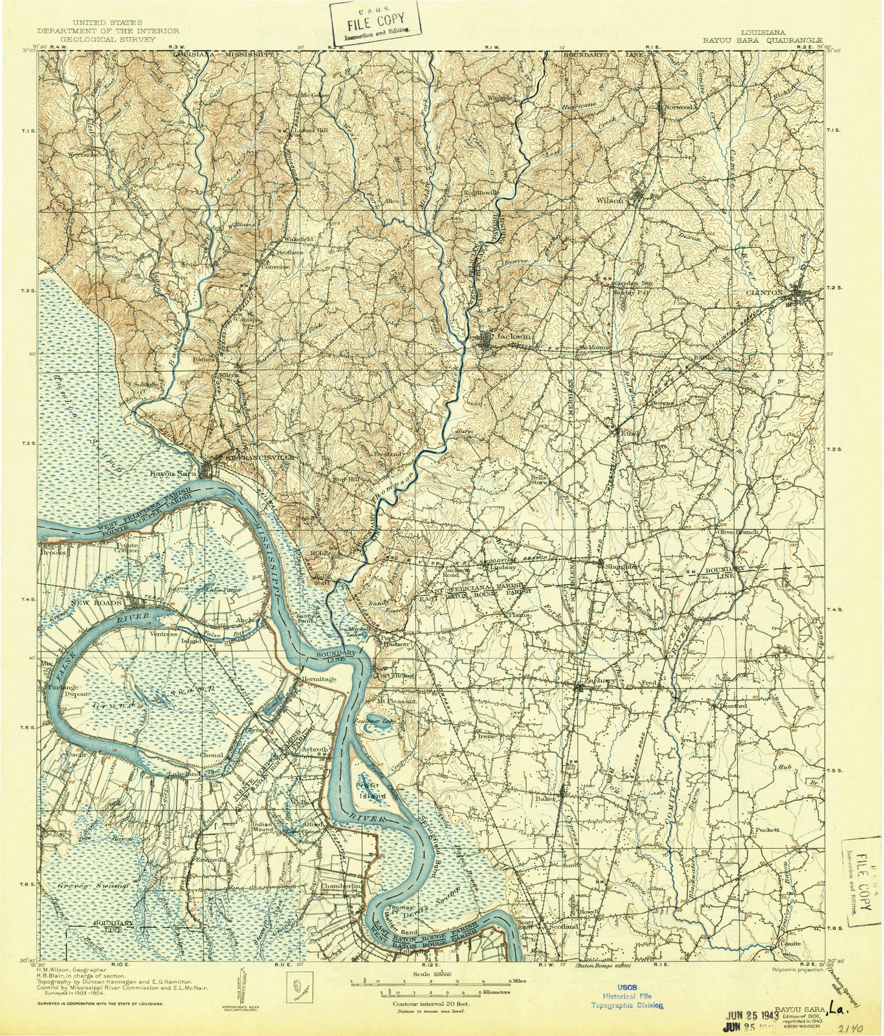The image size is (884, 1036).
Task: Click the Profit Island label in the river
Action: point(371,790)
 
